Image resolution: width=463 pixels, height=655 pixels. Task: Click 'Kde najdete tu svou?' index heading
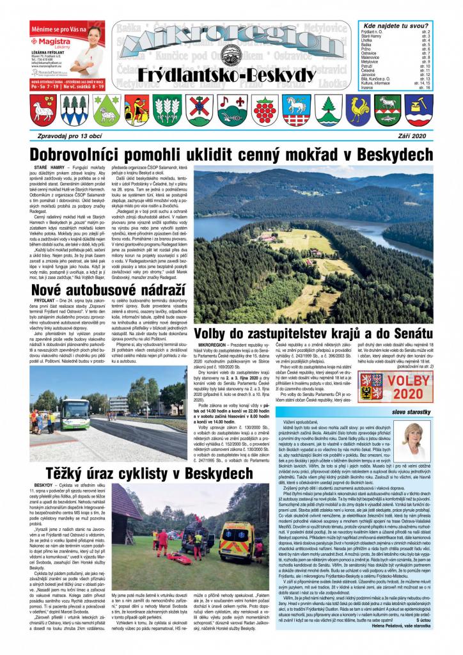tap(395, 24)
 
